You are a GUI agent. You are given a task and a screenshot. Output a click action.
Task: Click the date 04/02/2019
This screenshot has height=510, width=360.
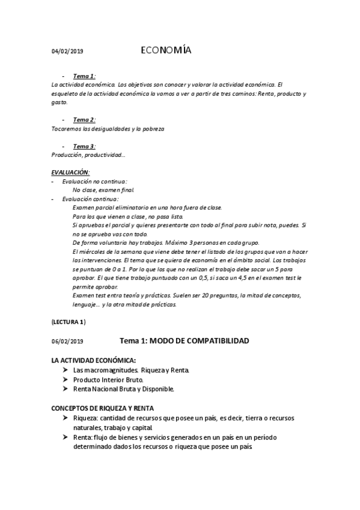[67, 52]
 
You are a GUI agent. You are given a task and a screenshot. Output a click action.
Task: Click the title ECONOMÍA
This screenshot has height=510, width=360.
[166, 51]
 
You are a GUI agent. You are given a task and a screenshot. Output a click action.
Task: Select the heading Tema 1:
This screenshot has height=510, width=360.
[84, 76]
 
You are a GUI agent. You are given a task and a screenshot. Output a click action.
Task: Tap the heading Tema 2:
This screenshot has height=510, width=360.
[84, 120]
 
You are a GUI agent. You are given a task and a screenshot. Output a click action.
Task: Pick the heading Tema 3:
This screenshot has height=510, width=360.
[84, 146]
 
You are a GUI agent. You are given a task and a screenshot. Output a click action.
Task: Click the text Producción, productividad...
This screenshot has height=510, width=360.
[88, 155]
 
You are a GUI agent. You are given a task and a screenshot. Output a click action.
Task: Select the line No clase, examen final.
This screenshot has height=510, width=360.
[99, 190]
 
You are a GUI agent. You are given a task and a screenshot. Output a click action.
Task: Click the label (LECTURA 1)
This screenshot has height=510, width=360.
[69, 322]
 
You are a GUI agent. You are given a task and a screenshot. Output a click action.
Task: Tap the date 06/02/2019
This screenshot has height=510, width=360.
[67, 342]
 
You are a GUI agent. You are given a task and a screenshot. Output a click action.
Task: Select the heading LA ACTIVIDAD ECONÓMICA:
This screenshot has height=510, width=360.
[94, 361]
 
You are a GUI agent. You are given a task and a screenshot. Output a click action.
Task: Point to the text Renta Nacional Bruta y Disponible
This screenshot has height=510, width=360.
[123, 389]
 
